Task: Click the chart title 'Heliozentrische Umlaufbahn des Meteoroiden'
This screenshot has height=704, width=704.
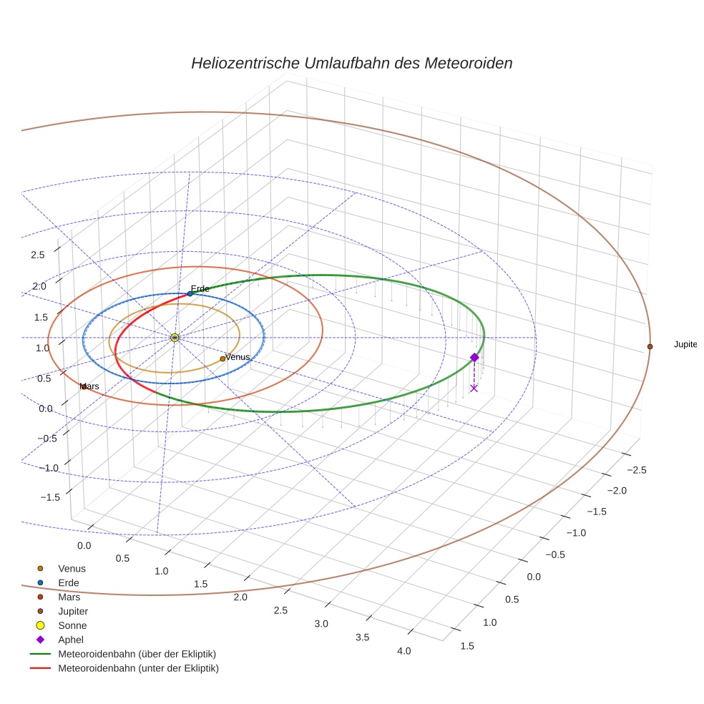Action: point(351,63)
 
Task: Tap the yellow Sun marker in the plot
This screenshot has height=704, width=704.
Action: point(175,337)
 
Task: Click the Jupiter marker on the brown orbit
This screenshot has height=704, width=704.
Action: point(650,346)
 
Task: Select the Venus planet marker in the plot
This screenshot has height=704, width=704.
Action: point(223,358)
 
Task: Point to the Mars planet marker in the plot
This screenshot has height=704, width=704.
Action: point(84,386)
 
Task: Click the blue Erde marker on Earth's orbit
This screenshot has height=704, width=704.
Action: point(190,293)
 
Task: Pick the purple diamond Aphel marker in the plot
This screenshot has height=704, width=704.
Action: point(474,357)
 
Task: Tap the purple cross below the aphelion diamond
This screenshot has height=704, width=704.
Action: point(474,388)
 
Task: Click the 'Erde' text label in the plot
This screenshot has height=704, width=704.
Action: point(200,289)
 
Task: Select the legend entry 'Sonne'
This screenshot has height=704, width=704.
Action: point(72,625)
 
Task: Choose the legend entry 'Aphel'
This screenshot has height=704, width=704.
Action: point(71,640)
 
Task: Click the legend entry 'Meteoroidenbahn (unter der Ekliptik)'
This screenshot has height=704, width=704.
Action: point(138,668)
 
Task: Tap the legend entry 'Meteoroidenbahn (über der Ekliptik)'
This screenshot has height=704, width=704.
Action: point(137,654)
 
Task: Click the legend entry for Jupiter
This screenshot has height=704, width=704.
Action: point(73,611)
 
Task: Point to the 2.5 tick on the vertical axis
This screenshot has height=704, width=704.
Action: point(37,255)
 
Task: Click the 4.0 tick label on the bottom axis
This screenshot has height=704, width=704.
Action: point(404,651)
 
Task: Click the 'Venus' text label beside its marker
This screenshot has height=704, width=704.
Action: point(238,356)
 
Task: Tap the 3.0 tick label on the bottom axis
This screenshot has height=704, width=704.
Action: point(321,624)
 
